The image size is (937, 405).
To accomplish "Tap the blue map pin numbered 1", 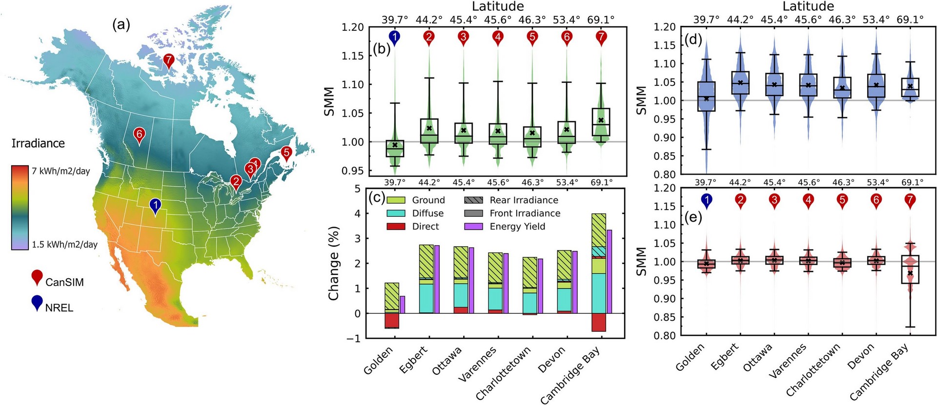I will [x=155, y=206].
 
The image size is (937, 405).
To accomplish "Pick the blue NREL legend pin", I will [x=37, y=302].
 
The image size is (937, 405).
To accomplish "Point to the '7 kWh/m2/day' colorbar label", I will [x=61, y=171].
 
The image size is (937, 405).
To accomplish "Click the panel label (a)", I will [x=121, y=24].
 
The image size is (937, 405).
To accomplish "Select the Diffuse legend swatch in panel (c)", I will [x=396, y=213].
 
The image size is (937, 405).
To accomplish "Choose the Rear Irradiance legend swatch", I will [x=473, y=200].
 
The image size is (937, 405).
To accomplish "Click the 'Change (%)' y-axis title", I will [x=334, y=263].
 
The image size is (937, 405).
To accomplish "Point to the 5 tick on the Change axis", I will [x=357, y=189].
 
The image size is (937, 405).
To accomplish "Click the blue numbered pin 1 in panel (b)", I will [x=394, y=37].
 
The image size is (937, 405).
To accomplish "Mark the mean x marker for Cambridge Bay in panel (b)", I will [x=601, y=120].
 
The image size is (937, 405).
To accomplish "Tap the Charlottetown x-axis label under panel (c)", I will [x=503, y=373].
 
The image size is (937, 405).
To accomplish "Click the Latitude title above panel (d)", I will [x=808, y=6].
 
